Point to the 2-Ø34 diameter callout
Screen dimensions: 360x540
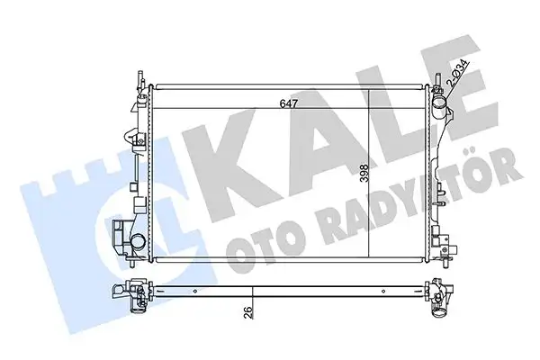click(x=456, y=71)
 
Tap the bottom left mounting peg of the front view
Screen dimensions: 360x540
click(x=134, y=270)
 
